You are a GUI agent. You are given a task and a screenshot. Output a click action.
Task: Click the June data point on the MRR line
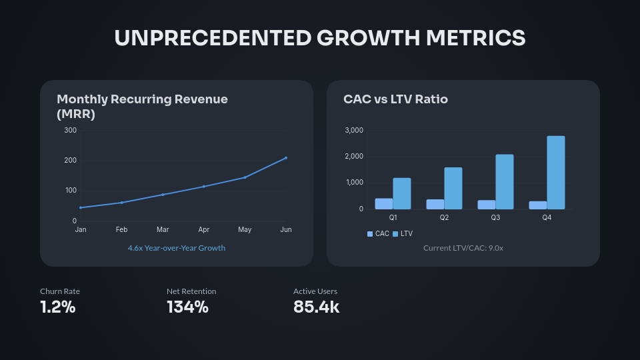click(x=286, y=158)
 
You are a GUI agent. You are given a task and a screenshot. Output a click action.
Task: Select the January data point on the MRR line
click(x=81, y=207)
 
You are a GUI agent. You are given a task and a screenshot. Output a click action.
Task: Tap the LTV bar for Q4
click(x=556, y=173)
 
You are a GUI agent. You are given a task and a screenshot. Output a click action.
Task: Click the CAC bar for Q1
click(x=384, y=203)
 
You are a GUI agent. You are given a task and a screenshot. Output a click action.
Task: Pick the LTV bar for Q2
click(x=453, y=188)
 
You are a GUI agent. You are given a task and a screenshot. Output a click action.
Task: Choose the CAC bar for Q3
click(x=487, y=205)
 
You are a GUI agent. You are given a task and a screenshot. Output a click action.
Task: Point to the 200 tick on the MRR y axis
click(x=70, y=161)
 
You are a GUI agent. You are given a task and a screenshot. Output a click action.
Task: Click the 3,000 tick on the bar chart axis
click(x=354, y=131)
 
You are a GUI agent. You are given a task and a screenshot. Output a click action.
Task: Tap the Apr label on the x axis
click(x=204, y=230)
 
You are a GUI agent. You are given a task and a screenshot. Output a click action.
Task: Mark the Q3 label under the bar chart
click(x=495, y=218)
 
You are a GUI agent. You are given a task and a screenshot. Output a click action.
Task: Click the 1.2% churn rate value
click(x=58, y=307)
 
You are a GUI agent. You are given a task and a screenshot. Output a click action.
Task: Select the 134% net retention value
click(x=187, y=307)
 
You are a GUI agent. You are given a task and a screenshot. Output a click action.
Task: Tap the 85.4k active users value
click(x=316, y=307)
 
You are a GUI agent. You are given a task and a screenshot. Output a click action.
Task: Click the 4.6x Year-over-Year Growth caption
click(x=177, y=248)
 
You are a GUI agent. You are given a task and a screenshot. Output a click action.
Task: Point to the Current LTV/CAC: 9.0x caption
click(x=463, y=248)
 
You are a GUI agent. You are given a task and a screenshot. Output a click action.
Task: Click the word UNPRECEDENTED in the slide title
click(x=213, y=38)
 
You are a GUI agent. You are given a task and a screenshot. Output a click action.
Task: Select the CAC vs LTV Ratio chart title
click(x=395, y=99)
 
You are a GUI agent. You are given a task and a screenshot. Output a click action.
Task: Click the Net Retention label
click(x=191, y=291)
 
